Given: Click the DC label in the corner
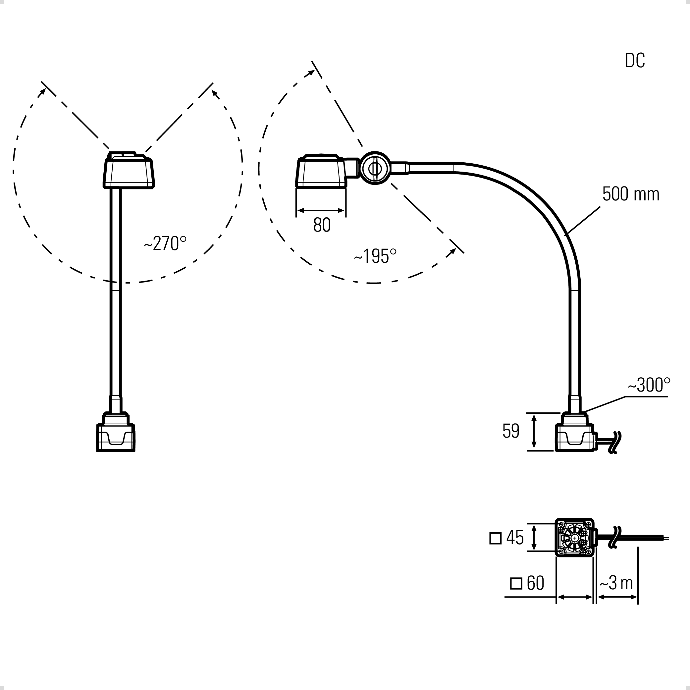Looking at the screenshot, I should point(635,60).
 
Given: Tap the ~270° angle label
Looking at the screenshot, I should point(165,243).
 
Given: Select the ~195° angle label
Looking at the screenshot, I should point(375,256).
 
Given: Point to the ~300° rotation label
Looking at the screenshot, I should point(649,385).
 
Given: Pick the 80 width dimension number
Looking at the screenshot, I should point(322,225).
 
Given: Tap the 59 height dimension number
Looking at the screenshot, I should point(511,431).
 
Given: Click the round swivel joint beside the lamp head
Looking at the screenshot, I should point(375,168).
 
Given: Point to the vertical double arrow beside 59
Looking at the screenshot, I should point(534,431).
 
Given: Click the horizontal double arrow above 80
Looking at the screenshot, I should point(321,210).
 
